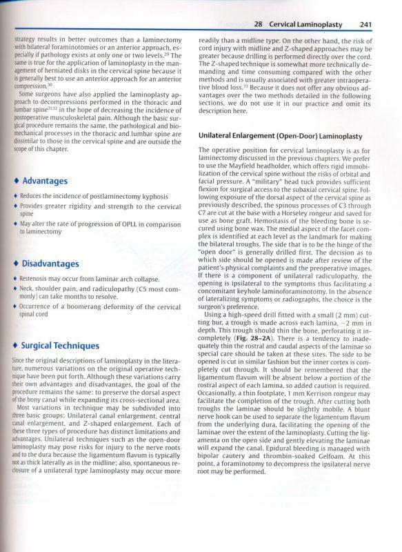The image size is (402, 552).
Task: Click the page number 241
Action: coord(367,24)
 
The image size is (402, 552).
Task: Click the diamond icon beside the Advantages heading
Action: coord(16,181)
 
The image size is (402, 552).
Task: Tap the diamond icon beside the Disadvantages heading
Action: coord(16,264)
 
